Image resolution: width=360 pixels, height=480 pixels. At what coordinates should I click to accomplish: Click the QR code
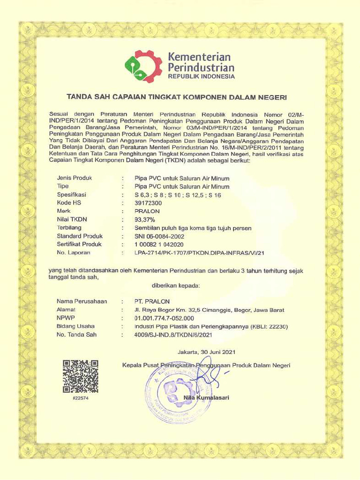[x=81, y=375]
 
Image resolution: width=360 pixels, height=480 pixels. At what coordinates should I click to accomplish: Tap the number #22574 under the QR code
[x=81, y=398]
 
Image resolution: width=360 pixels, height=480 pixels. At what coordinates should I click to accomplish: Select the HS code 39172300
[x=148, y=202]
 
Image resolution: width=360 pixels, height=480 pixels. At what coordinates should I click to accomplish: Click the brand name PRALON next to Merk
[x=147, y=211]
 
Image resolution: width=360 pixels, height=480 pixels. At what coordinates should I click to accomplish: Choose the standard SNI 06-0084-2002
[x=159, y=236]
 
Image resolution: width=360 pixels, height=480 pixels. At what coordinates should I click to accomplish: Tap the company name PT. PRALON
[x=152, y=301]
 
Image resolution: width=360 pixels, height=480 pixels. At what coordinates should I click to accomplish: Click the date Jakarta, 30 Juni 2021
[x=206, y=352]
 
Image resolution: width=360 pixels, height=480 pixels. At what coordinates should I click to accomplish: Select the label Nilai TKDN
[x=72, y=219]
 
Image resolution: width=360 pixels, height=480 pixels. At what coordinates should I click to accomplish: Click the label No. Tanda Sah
[x=76, y=335]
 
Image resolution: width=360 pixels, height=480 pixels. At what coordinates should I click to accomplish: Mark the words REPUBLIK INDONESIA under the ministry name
[x=201, y=76]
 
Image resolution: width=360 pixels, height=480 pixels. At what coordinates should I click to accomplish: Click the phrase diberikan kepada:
[x=176, y=285]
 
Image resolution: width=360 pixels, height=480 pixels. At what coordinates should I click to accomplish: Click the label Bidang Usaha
[x=75, y=326]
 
